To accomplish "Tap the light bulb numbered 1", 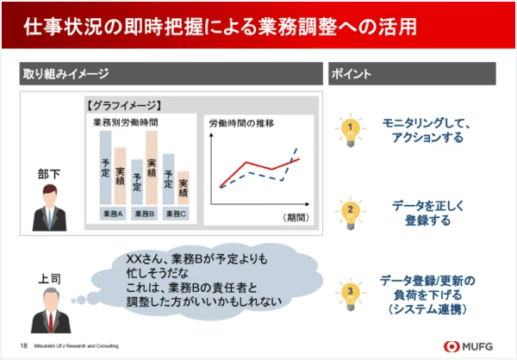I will [x=351, y=130].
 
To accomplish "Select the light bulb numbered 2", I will [x=351, y=211].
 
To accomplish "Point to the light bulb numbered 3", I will [x=351, y=293].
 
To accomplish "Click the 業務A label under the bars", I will [x=113, y=214].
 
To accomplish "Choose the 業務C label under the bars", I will [x=176, y=214].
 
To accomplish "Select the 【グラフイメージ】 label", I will [x=126, y=108].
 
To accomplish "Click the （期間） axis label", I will [x=296, y=217].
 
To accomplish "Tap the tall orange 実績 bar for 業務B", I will [x=152, y=168].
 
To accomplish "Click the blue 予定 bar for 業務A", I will [x=105, y=169].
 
